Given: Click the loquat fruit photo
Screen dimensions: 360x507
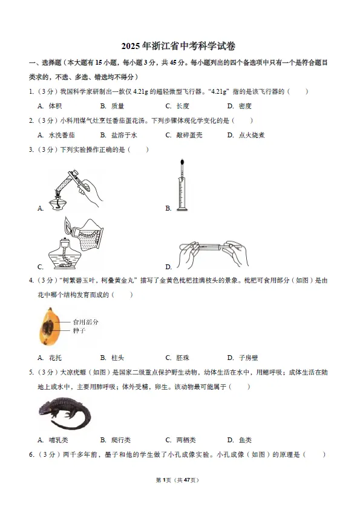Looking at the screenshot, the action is coord(47,327).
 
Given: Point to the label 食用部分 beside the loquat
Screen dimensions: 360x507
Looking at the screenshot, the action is coord(85,322).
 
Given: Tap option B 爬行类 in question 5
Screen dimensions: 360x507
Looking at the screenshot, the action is coord(116,440).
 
